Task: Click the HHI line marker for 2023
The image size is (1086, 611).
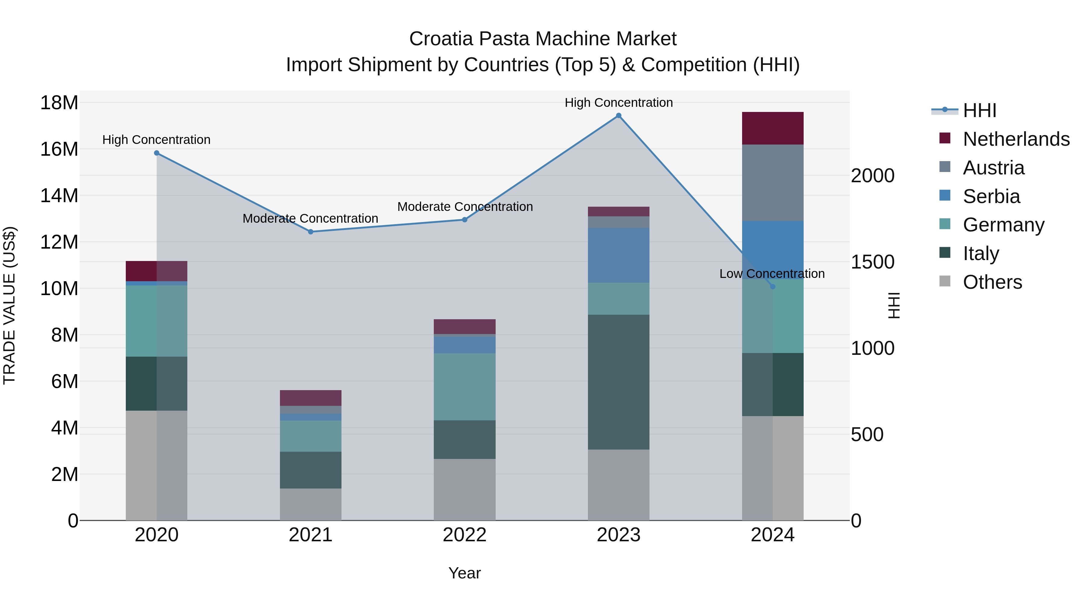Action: point(618,116)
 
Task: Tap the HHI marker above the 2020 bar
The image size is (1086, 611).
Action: point(156,153)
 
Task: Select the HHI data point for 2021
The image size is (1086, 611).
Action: point(311,231)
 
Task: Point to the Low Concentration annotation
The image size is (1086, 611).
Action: point(772,274)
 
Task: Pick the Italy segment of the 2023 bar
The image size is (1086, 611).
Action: point(618,382)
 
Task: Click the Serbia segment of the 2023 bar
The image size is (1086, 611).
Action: point(618,255)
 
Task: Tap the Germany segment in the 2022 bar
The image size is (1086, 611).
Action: point(465,387)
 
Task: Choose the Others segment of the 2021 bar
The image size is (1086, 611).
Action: point(311,504)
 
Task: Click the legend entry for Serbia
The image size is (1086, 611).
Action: point(991,196)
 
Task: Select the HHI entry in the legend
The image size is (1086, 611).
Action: point(979,110)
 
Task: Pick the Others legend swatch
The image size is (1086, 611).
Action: point(945,281)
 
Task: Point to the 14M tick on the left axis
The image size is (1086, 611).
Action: point(59,196)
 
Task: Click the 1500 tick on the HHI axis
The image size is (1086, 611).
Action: point(872,262)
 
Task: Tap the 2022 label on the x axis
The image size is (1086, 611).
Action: point(465,535)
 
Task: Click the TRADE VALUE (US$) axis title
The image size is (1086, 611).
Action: point(9,305)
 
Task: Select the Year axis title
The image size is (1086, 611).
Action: point(465,573)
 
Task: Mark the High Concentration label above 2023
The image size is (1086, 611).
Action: point(618,103)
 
